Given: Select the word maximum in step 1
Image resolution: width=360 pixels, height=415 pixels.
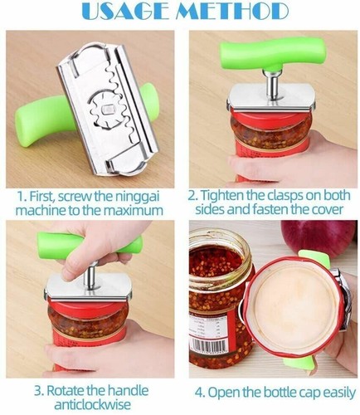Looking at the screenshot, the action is tap(134, 211).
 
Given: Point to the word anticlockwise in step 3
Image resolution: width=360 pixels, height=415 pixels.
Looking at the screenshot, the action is tap(92, 404).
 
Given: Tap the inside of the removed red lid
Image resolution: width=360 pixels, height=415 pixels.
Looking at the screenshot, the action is tap(294, 309).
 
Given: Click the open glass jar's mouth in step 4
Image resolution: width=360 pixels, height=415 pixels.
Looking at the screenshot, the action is tap(220, 242).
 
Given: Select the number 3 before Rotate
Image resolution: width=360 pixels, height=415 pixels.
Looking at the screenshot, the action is tap(39, 391).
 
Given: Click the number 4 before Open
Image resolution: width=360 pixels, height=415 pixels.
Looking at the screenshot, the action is tap(200, 393).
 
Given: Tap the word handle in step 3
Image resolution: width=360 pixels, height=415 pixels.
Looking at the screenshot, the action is tap(128, 391).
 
